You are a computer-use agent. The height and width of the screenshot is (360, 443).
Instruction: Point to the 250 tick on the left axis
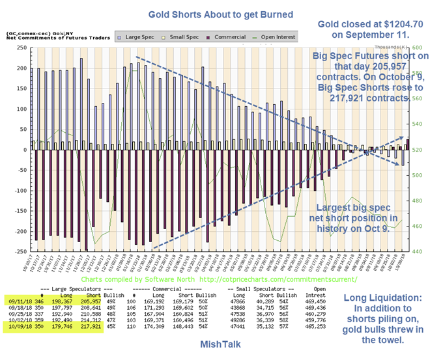click(x=18, y=48)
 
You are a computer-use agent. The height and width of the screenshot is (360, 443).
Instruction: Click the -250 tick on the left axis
click(x=16, y=251)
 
